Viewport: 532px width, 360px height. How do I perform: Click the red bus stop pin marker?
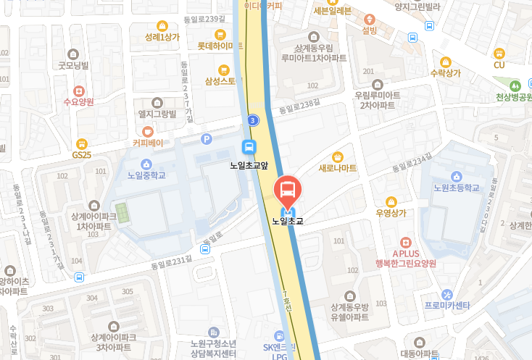point(287,191)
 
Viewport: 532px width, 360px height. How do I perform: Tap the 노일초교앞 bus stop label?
point(249,165)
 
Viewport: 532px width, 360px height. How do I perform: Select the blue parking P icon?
point(207,138)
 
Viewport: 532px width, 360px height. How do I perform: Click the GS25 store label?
point(81,155)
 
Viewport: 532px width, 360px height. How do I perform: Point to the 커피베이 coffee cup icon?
point(147,131)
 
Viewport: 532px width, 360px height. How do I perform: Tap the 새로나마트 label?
point(337,168)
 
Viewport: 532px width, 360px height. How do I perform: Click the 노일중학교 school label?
point(146,175)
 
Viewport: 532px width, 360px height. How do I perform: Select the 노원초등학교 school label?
point(456,188)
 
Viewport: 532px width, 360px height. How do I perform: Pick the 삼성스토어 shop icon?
point(224,70)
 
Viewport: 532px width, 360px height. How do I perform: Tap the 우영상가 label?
point(391,213)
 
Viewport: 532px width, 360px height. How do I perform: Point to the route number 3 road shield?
point(252,120)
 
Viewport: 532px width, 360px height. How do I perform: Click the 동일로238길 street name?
point(299,108)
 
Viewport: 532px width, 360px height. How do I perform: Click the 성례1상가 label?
point(162,37)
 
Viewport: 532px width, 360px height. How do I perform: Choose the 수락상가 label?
point(446,72)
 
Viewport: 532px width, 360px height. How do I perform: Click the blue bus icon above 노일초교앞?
point(249,146)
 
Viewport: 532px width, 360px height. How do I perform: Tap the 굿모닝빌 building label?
point(73,65)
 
